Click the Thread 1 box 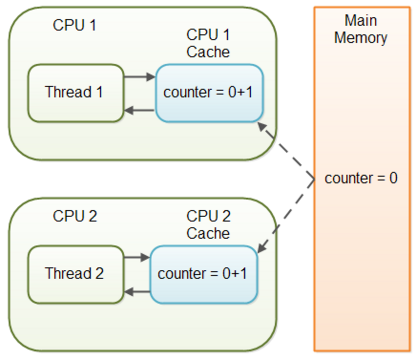[x=75, y=93]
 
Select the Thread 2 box [x=75, y=274]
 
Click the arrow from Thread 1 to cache [x=139, y=76]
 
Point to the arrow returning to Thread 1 [x=139, y=111]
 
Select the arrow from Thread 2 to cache [x=137, y=257]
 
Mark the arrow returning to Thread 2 [x=137, y=292]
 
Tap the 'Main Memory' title [x=361, y=29]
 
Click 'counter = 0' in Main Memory [x=361, y=179]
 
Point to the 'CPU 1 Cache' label [x=208, y=43]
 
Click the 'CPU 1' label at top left [x=74, y=25]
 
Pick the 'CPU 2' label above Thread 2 [x=75, y=216]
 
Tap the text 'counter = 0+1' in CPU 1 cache [x=208, y=93]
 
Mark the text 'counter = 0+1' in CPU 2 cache [x=203, y=274]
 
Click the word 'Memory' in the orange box [x=361, y=38]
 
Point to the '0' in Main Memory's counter [x=393, y=179]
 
